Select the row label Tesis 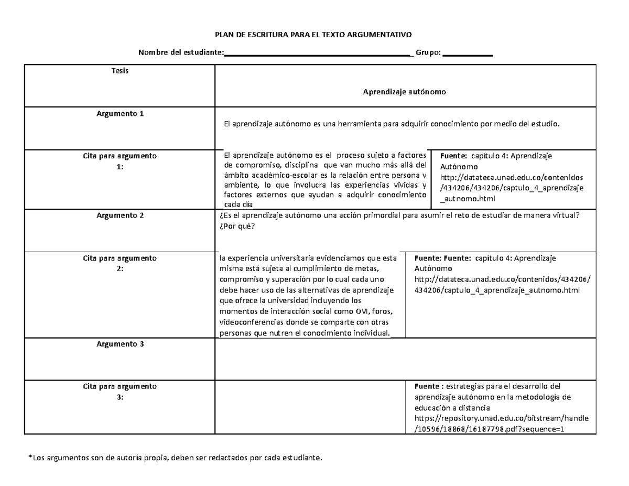click(120, 71)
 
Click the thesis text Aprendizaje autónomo click(404, 92)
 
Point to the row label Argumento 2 click(120, 215)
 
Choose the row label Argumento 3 click(120, 344)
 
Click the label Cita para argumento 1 click(120, 160)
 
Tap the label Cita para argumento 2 click(120, 263)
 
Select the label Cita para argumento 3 click(120, 391)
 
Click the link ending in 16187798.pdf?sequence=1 click(490, 429)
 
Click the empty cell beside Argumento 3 click(405, 358)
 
